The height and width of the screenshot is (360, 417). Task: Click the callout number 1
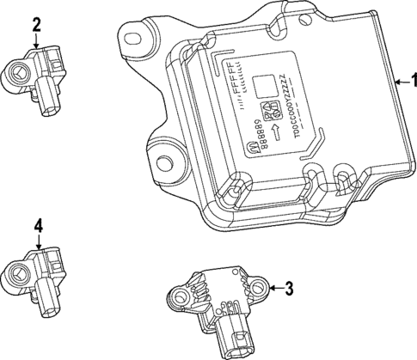pos(409,82)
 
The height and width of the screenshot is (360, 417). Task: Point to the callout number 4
pos(37,226)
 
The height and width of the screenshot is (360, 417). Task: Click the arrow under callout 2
pos(36,45)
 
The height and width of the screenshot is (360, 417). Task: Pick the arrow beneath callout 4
pos(37,244)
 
